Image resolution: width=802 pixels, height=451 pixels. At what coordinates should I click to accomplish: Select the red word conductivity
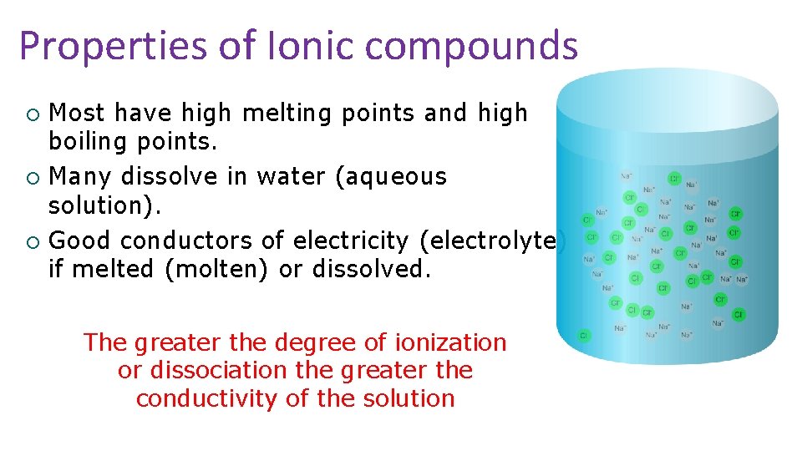[x=207, y=398]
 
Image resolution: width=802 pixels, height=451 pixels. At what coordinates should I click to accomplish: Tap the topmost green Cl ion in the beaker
[x=674, y=179]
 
